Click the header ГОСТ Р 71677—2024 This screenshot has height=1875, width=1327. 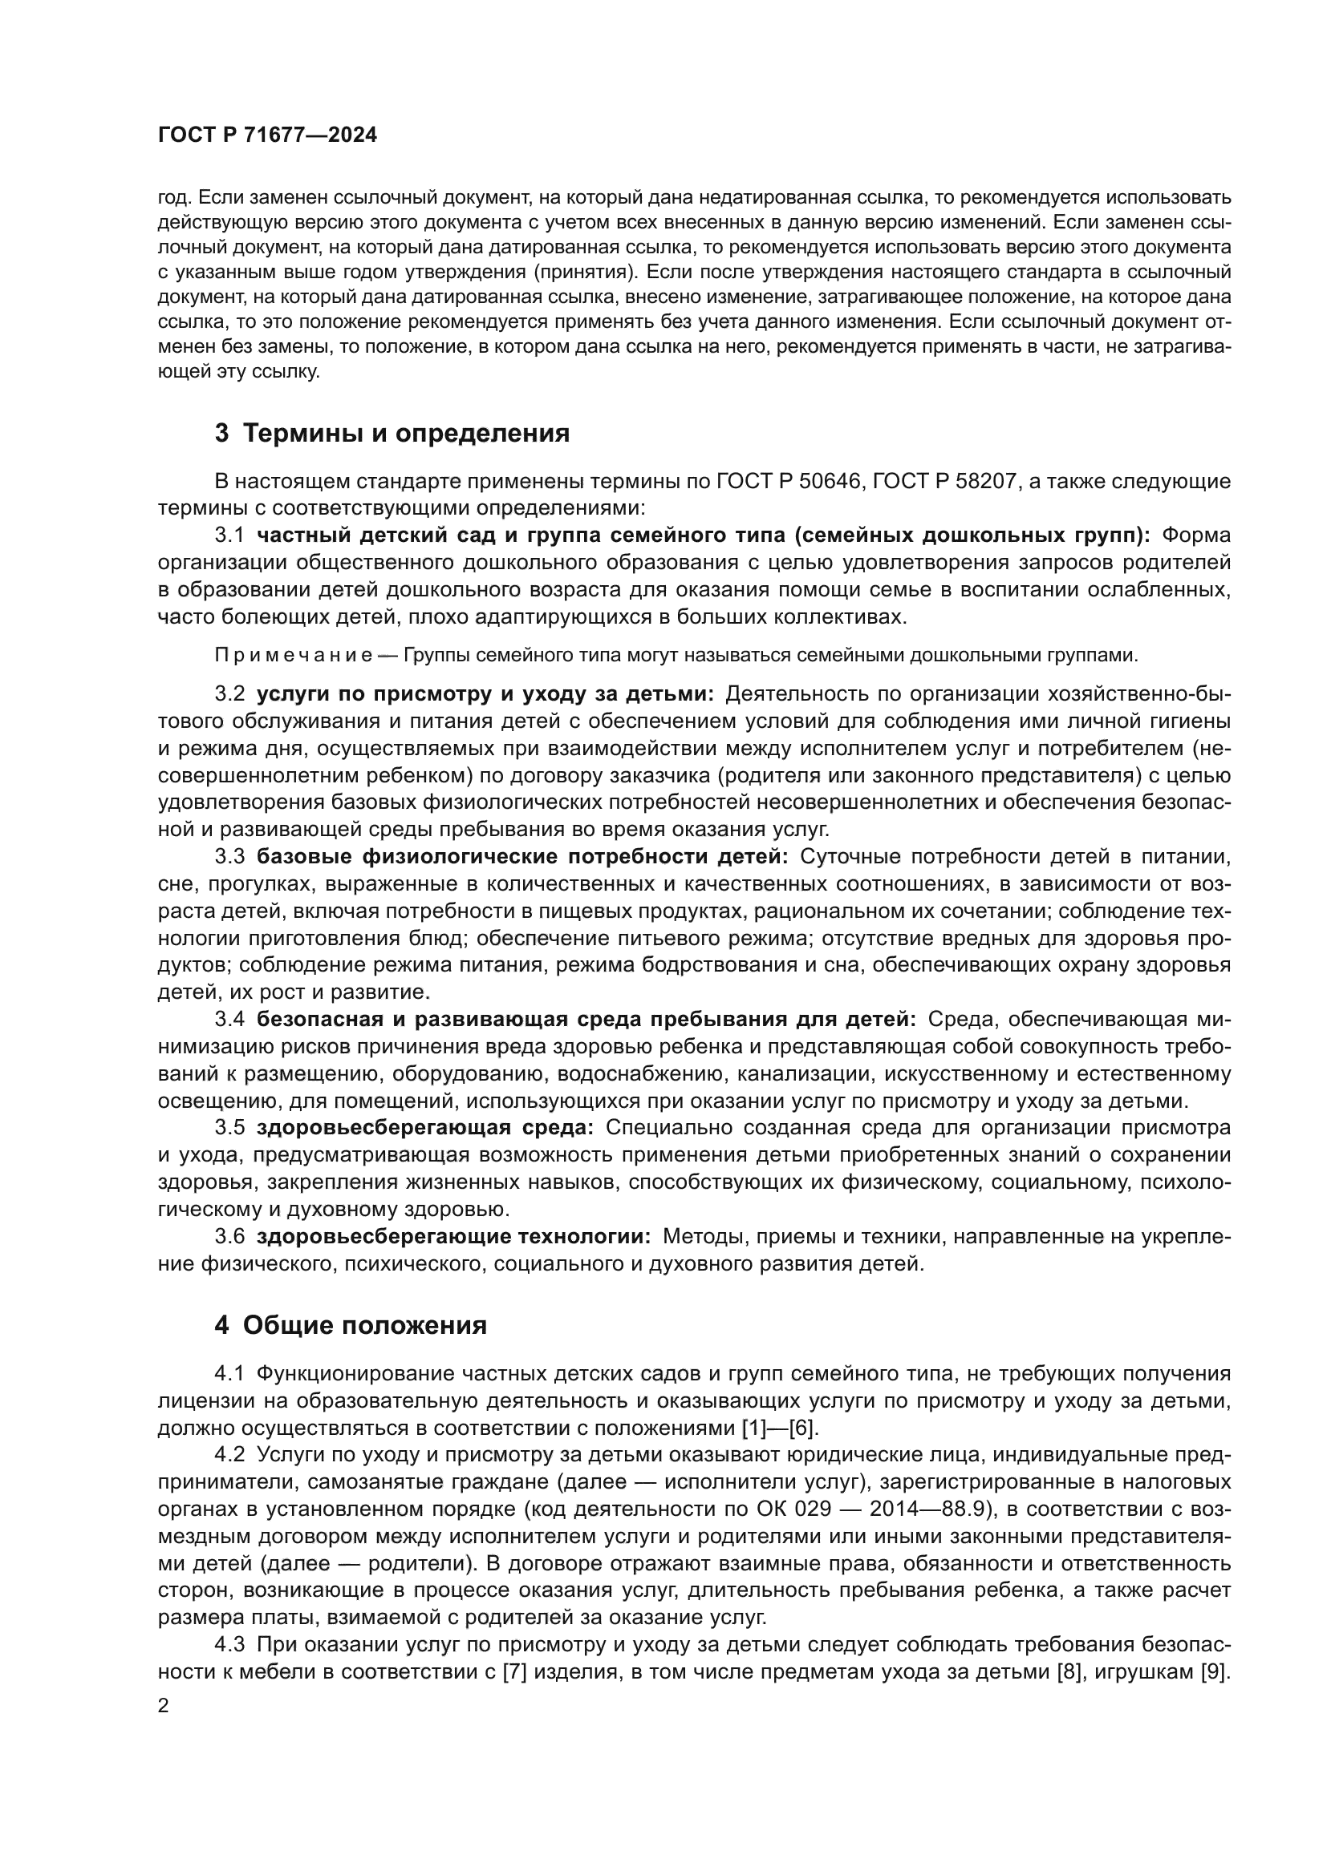coord(267,135)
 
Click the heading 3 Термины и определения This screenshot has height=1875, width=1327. coord(392,433)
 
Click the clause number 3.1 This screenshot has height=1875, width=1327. coord(229,535)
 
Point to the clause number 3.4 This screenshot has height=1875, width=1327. coord(229,1019)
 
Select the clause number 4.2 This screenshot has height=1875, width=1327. coord(229,1454)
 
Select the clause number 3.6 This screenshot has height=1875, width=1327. coord(229,1236)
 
